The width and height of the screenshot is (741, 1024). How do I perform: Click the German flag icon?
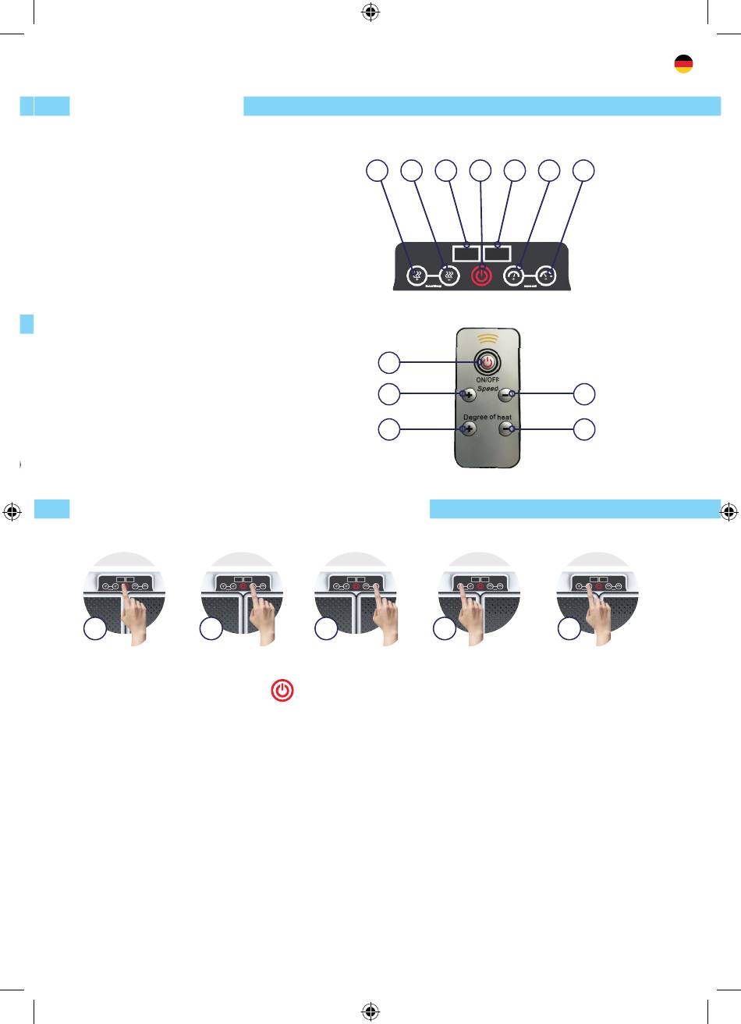[x=683, y=65]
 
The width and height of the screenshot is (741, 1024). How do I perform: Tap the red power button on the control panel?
[x=482, y=276]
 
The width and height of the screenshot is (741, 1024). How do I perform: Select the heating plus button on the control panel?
[x=417, y=276]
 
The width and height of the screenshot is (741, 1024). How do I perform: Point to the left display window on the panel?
[x=466, y=253]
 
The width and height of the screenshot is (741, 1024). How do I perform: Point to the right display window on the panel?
[x=498, y=253]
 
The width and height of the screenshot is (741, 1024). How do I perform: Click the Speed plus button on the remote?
[x=468, y=394]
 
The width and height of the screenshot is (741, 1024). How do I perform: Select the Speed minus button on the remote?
[x=506, y=394]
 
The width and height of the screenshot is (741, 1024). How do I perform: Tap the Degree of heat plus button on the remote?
[x=468, y=428]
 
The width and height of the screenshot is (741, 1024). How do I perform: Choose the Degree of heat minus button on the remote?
[x=506, y=428]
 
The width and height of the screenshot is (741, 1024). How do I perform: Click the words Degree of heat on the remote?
[x=487, y=418]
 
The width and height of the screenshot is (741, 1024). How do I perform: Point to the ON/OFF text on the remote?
[x=487, y=380]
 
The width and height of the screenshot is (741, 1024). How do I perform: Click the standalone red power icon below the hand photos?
[x=282, y=690]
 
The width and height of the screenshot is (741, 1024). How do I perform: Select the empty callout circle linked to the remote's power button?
[x=388, y=362]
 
